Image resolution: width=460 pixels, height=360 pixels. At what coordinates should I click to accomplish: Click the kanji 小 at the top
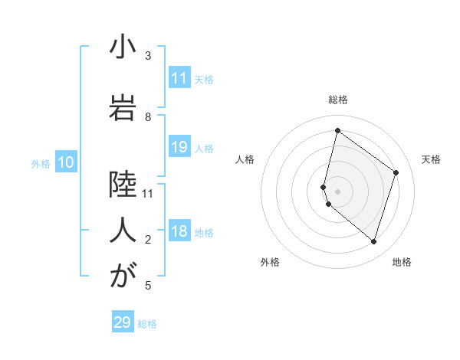click(123, 49)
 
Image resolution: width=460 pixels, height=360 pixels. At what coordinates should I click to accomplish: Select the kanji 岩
click(123, 105)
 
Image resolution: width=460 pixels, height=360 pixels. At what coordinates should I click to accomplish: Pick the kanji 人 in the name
click(123, 229)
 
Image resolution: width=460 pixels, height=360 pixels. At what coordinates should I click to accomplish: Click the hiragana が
click(123, 276)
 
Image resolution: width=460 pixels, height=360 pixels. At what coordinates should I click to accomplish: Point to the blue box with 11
click(179, 78)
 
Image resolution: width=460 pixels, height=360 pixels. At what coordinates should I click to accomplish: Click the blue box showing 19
click(179, 147)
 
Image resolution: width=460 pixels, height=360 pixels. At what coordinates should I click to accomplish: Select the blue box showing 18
click(179, 232)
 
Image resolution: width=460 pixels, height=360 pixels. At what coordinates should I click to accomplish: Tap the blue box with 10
click(65, 162)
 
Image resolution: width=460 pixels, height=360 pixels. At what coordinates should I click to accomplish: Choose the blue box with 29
click(123, 322)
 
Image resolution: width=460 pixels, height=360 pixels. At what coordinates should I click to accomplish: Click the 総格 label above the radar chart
click(338, 100)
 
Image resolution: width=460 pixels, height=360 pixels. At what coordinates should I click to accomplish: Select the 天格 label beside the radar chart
click(431, 159)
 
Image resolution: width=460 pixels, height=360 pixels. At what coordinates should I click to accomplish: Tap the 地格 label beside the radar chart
click(402, 262)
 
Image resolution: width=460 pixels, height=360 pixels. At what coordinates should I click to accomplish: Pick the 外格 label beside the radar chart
click(270, 262)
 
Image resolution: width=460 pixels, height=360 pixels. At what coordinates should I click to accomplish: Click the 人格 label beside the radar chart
click(245, 159)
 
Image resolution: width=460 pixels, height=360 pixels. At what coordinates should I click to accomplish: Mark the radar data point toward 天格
click(396, 172)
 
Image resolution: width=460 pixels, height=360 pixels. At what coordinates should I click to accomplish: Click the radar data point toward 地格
click(373, 241)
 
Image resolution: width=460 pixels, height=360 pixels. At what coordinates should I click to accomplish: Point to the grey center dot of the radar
click(338, 191)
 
